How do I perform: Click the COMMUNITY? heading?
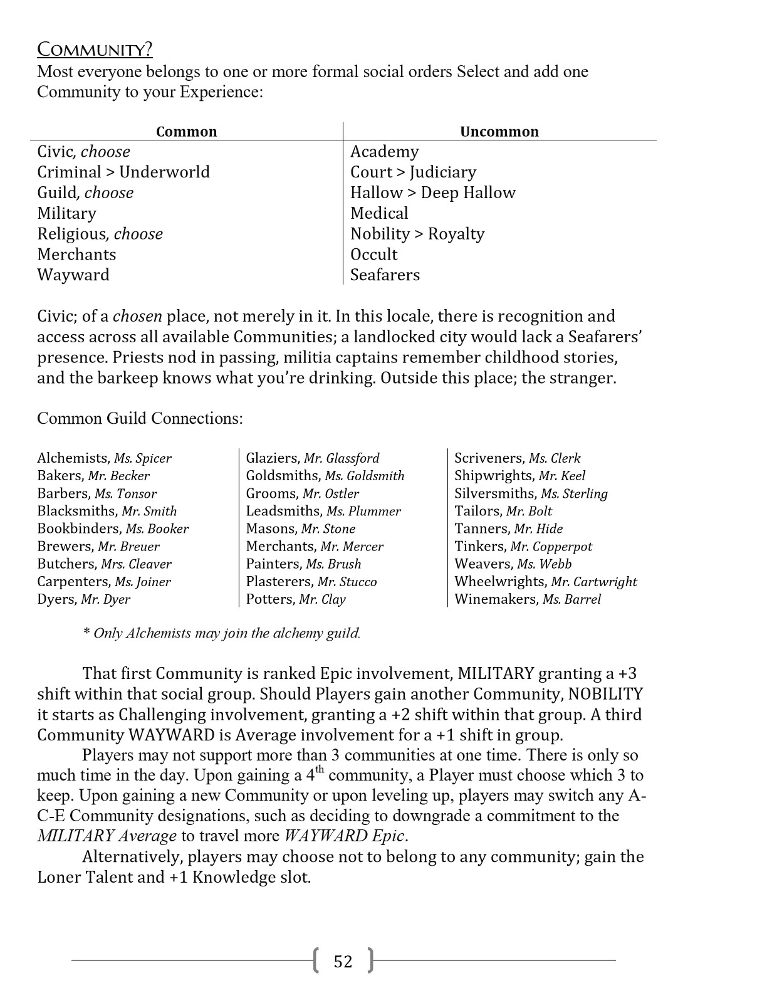[95, 50]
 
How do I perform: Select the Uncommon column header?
[499, 132]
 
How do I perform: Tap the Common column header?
[186, 132]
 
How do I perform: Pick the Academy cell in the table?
[384, 152]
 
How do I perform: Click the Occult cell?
[373, 255]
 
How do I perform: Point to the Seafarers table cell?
[385, 275]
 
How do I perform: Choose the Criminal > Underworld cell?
[123, 172]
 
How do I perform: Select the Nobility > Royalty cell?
[417, 234]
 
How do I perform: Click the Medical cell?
[379, 213]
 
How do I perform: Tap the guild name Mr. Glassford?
[342, 458]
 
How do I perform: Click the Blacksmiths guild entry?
[76, 511]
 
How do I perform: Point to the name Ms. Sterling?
[574, 493]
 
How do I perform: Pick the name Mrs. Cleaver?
[136, 564]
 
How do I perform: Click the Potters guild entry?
[270, 599]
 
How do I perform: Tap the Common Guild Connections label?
[140, 418]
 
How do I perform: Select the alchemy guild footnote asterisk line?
[222, 633]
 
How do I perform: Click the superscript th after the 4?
[320, 770]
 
